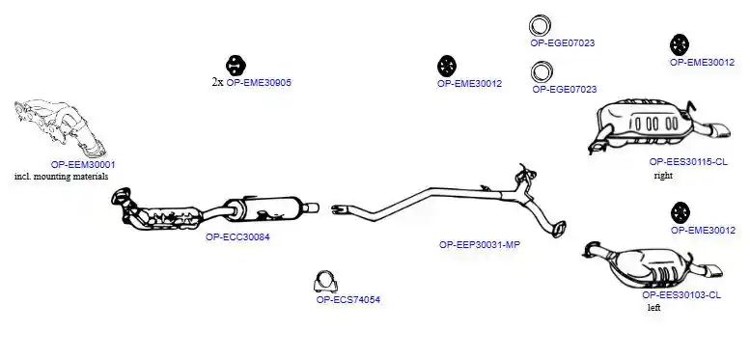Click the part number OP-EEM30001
[x=83, y=164]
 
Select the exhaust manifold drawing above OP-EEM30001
[x=60, y=128]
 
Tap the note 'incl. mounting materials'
[x=61, y=177]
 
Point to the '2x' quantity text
[x=217, y=82]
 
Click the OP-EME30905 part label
[x=259, y=82]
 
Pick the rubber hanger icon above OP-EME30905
[x=236, y=66]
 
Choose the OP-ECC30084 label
[x=237, y=236]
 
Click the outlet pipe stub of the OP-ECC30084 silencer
[x=312, y=208]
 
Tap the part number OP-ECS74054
[x=348, y=300]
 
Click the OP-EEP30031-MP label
[x=480, y=245]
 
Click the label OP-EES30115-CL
[x=688, y=162]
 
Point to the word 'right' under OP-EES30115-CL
[x=663, y=176]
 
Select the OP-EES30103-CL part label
[x=681, y=295]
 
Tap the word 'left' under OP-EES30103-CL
[x=653, y=308]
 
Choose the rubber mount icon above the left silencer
[x=681, y=212]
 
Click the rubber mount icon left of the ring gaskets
[x=447, y=66]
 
